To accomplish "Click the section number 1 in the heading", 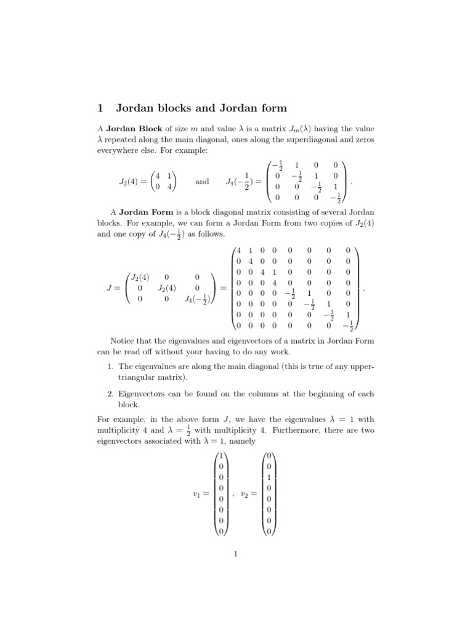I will [x=100, y=108].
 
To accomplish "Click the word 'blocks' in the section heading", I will [x=169, y=108].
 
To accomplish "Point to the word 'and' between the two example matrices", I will [x=202, y=182].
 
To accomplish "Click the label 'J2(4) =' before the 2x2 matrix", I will [x=133, y=182].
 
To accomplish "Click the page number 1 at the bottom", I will [x=236, y=553].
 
